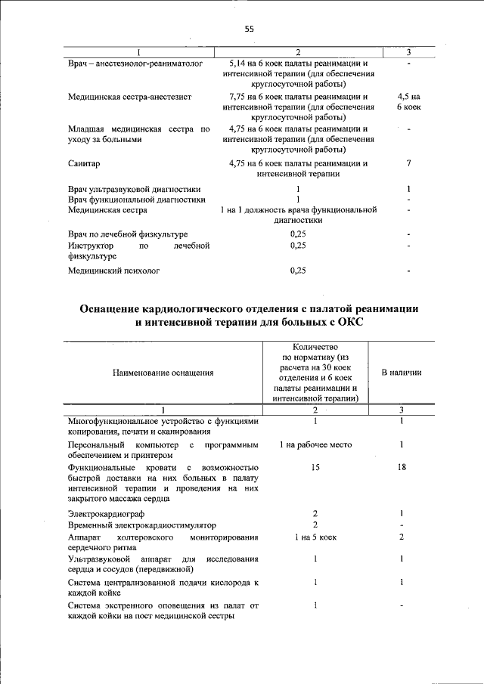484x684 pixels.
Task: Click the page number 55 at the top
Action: (x=249, y=29)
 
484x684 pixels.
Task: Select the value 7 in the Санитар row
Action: (x=408, y=163)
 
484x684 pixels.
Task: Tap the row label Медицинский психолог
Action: (x=113, y=270)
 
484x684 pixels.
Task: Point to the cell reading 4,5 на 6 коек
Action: (x=408, y=103)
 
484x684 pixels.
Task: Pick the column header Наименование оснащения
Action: (x=163, y=373)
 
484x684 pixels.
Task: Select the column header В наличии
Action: (x=401, y=373)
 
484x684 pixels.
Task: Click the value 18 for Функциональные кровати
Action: (x=402, y=468)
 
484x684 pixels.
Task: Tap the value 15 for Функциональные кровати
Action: (x=315, y=468)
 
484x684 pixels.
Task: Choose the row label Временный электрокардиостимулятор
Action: (x=141, y=525)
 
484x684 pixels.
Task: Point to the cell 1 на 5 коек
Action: (x=315, y=537)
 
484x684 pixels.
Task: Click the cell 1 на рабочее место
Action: (x=315, y=444)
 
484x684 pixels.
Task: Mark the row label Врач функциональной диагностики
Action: (x=136, y=200)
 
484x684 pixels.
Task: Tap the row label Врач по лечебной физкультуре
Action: (x=127, y=234)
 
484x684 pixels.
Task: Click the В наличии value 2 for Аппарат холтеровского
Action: (x=402, y=537)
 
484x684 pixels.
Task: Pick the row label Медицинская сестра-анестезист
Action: (x=129, y=97)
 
